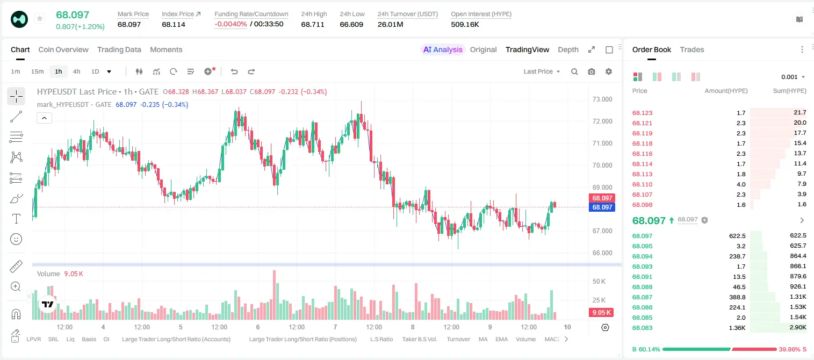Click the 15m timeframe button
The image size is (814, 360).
pyautogui.click(x=38, y=71)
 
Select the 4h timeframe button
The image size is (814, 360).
pyautogui.click(x=76, y=71)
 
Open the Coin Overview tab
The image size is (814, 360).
pyautogui.click(x=63, y=49)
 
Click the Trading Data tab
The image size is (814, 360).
pyautogui.click(x=119, y=49)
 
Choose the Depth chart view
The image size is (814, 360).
pyautogui.click(x=568, y=49)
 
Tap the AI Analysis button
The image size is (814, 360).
pyautogui.click(x=443, y=49)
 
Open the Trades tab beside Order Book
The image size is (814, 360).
pyautogui.click(x=692, y=49)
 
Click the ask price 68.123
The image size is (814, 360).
pyautogui.click(x=642, y=113)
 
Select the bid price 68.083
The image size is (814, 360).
pyautogui.click(x=642, y=328)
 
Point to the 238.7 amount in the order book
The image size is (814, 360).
pyautogui.click(x=737, y=256)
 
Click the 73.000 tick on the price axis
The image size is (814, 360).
pyautogui.click(x=602, y=99)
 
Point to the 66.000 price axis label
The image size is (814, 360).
pyautogui.click(x=602, y=253)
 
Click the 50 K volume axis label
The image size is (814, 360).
pyautogui.click(x=599, y=281)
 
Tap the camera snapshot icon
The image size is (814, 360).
pyautogui.click(x=592, y=71)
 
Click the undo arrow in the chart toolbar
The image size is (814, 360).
pyautogui.click(x=234, y=71)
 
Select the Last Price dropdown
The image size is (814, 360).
pyautogui.click(x=542, y=71)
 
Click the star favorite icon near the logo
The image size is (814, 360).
pyautogui.click(x=40, y=18)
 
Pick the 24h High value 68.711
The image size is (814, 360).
pyautogui.click(x=313, y=24)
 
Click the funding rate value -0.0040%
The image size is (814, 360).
pyautogui.click(x=230, y=24)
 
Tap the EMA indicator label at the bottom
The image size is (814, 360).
pyautogui.click(x=501, y=339)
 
